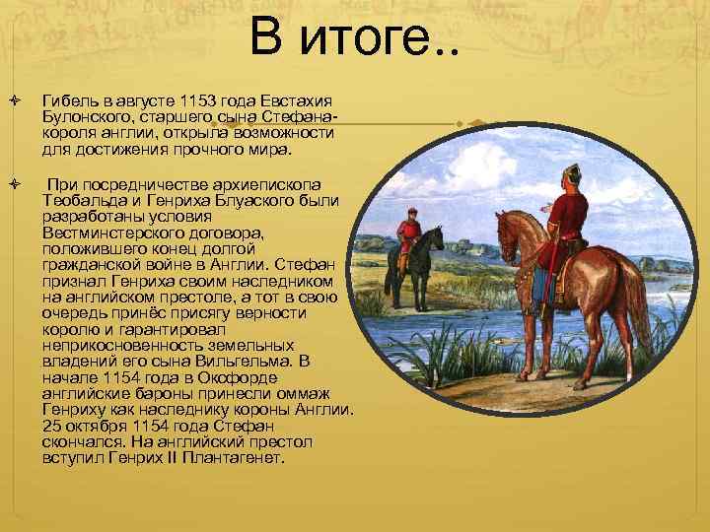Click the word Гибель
pyautogui.click(x=66, y=101)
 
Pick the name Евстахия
pyautogui.click(x=297, y=101)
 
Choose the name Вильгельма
pyautogui.click(x=243, y=363)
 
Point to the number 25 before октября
pyautogui.click(x=51, y=426)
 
